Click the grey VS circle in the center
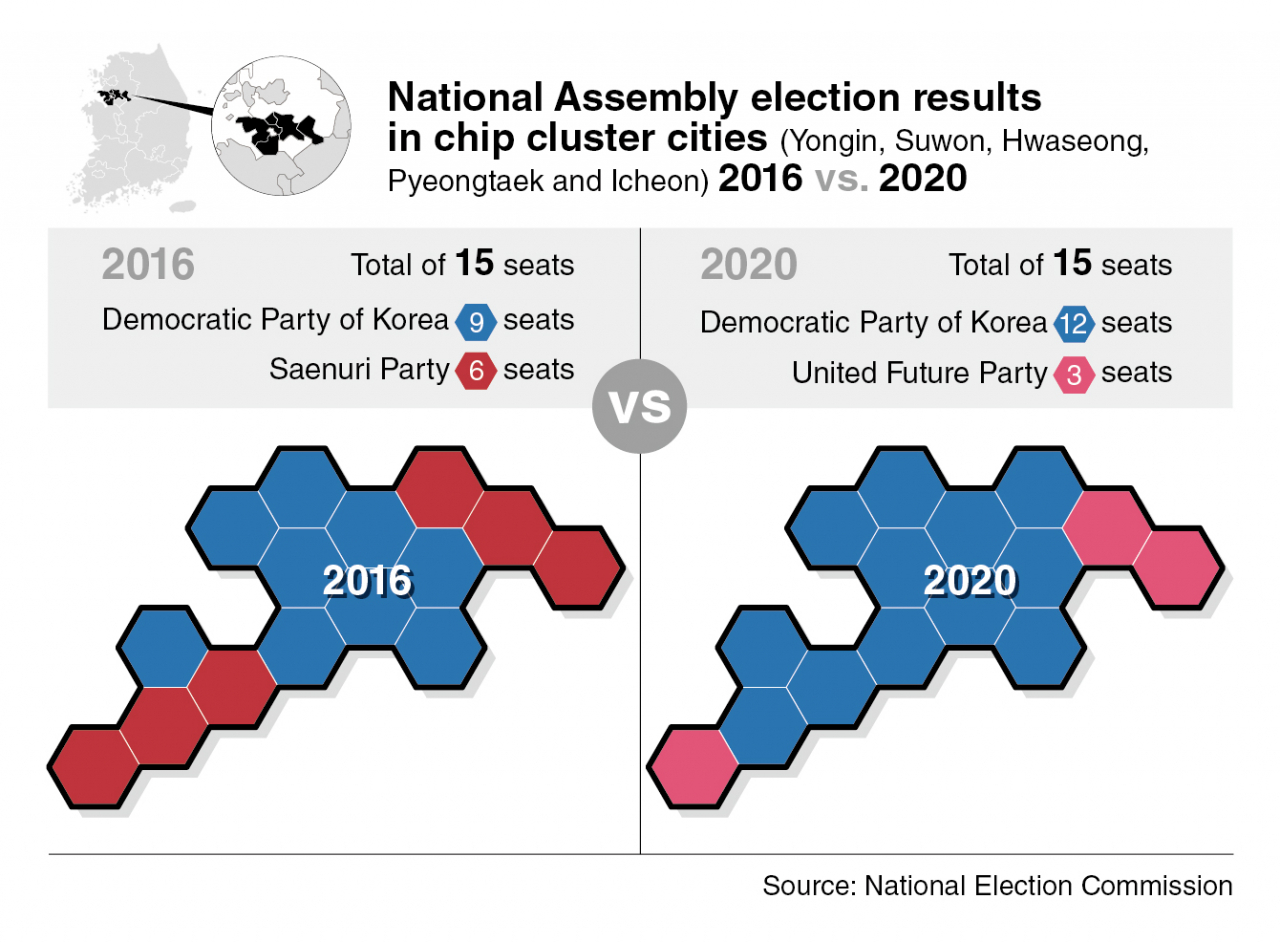640,407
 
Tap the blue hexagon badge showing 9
475,321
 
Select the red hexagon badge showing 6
475,370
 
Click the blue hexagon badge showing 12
1074,323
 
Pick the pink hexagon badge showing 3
1074,374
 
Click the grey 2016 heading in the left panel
148,266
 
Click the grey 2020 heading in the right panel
748,266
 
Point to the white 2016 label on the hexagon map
367,581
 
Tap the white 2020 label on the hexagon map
969,581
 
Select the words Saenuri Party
359,369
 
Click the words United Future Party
919,373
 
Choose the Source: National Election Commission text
997,885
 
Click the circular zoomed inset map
284,128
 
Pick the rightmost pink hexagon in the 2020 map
1176,567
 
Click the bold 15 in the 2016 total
475,263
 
